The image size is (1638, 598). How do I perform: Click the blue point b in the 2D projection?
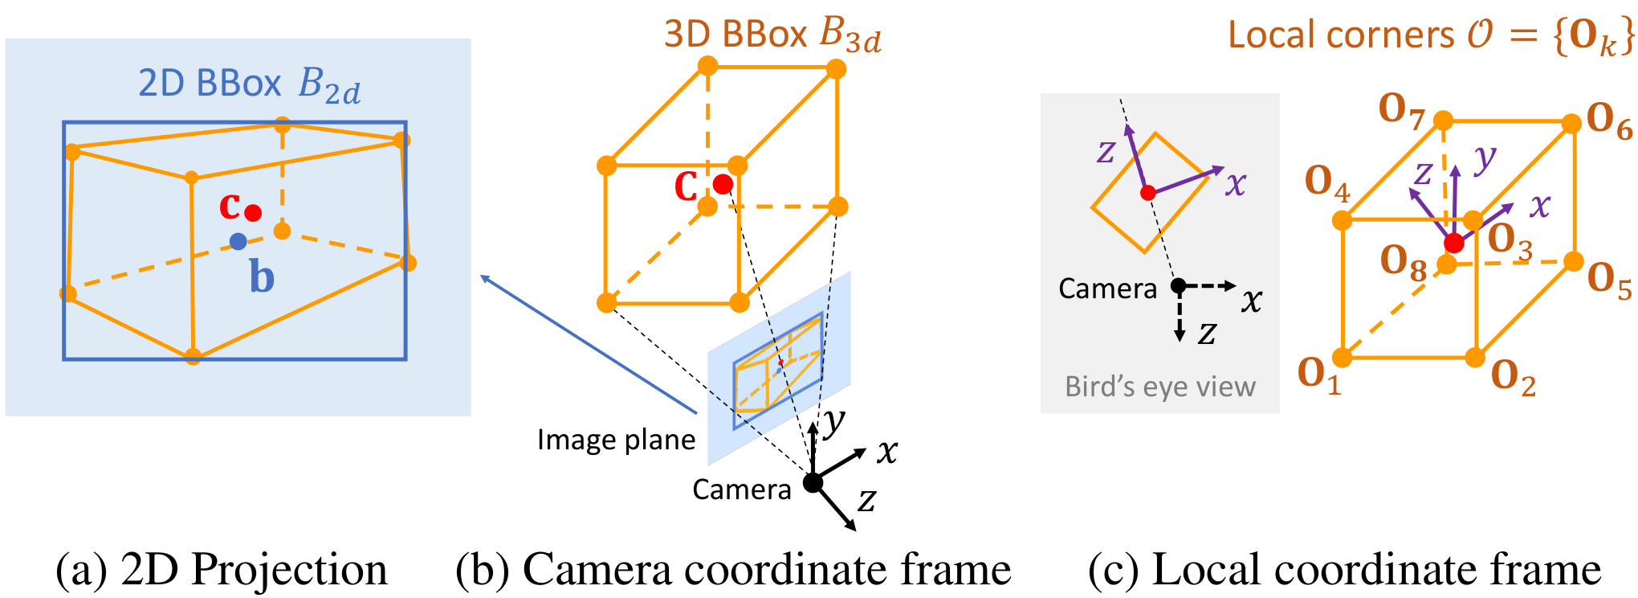[x=238, y=241]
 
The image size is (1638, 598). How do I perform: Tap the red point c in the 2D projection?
[x=253, y=213]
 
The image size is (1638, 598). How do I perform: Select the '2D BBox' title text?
[x=210, y=83]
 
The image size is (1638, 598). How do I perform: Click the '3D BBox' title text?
[x=735, y=34]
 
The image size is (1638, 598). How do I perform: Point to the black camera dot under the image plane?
[x=813, y=482]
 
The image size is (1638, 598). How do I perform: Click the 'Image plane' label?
[x=616, y=440]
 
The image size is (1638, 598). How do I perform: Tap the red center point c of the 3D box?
[x=723, y=184]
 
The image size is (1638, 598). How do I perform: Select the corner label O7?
[x=1401, y=110]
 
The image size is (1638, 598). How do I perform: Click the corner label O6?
[x=1609, y=121]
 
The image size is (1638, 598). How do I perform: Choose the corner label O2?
[x=1514, y=377]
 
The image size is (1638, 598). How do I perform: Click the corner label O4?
[x=1327, y=182]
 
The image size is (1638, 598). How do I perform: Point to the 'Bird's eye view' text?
[x=1160, y=387]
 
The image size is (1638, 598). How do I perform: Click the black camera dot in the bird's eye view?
[x=1178, y=285]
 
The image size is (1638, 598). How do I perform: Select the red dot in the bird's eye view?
[x=1148, y=193]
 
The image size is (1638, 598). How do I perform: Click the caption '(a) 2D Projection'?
[x=222, y=570]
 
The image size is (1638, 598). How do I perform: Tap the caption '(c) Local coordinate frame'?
[x=1344, y=570]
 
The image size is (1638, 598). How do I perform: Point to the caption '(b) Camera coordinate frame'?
[x=733, y=570]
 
